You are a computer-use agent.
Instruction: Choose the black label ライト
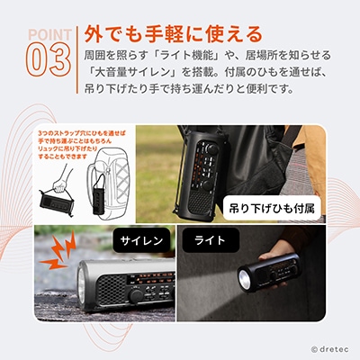point(202,240)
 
